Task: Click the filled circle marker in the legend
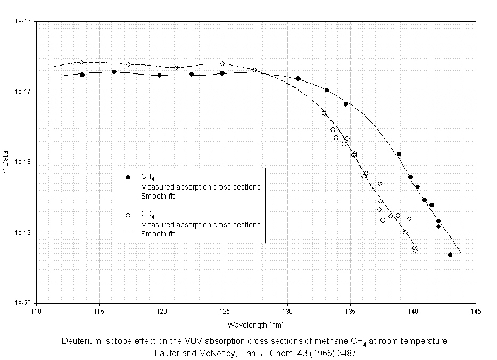click(128, 177)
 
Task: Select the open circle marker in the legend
click(128, 215)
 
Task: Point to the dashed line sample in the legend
click(128, 234)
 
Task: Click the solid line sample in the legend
click(128, 196)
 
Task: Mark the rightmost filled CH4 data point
click(450, 255)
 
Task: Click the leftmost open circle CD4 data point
click(81, 62)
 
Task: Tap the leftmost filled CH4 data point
click(82, 75)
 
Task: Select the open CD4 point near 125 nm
click(222, 64)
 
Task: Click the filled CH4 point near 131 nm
click(298, 78)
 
